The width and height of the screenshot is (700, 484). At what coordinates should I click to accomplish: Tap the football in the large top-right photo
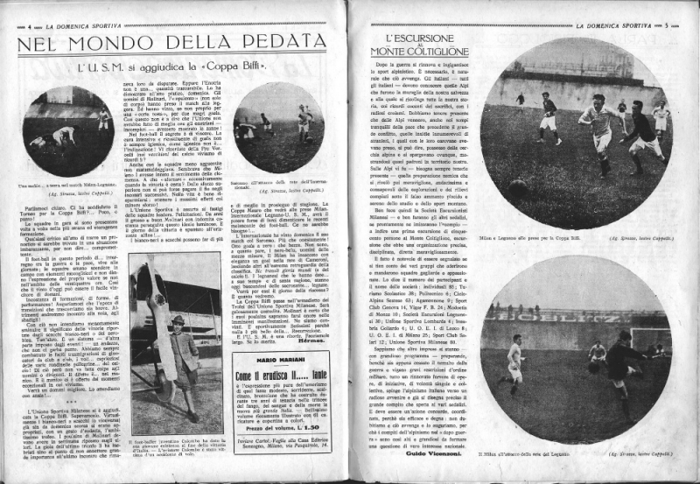pyautogui.click(x=518, y=187)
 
